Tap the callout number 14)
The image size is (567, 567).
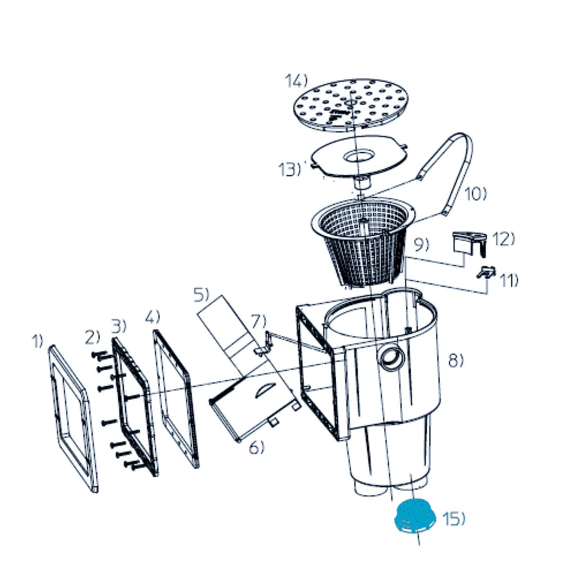pyautogui.click(x=296, y=81)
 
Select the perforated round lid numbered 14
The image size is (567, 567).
pyautogui.click(x=352, y=106)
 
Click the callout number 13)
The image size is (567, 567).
pyautogui.click(x=290, y=170)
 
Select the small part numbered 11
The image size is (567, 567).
pyautogui.click(x=486, y=271)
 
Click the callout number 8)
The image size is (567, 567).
pyautogui.click(x=456, y=361)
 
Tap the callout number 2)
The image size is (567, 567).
pyautogui.click(x=93, y=337)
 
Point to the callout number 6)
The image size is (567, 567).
pyautogui.click(x=257, y=448)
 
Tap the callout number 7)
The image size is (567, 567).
pyautogui.click(x=258, y=321)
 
